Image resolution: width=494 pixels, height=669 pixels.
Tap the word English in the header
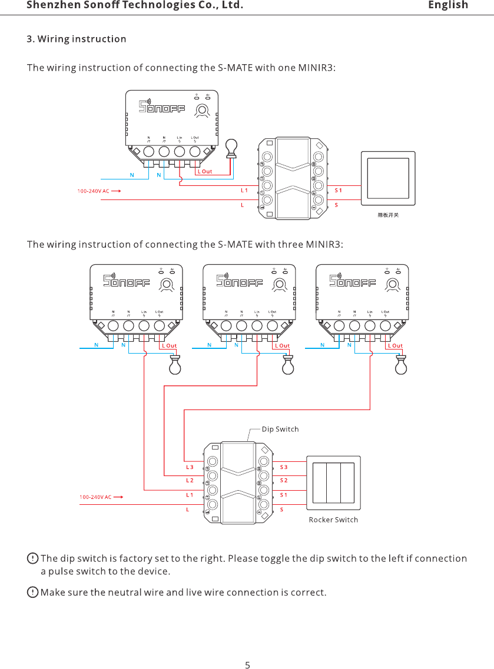[x=448, y=5]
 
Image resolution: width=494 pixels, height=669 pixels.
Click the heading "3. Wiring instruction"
[x=77, y=39]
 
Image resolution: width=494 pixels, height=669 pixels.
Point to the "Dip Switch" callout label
[x=280, y=429]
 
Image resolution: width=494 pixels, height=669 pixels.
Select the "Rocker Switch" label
[x=333, y=520]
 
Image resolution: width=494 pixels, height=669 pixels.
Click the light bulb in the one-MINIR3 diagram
[x=231, y=148]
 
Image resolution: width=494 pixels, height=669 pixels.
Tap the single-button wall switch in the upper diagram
[x=388, y=178]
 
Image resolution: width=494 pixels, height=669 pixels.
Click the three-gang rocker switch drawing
[x=333, y=482]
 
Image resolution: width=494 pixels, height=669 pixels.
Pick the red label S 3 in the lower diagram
[x=284, y=467]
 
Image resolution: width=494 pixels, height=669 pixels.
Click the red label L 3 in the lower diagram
[x=190, y=467]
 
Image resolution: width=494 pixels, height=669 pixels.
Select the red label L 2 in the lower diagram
[x=190, y=481]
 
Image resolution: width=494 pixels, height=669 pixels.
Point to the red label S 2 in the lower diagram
[x=284, y=481]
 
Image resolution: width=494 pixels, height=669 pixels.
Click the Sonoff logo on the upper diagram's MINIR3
[x=162, y=107]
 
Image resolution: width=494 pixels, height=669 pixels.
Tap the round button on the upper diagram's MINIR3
[x=202, y=110]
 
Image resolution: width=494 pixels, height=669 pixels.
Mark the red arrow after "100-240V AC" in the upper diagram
[x=115, y=191]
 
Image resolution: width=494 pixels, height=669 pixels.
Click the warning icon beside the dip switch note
[x=33, y=558]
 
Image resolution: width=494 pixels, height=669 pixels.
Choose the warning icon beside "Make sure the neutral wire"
[x=33, y=591]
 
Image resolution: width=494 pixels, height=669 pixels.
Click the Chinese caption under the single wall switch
[x=388, y=215]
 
